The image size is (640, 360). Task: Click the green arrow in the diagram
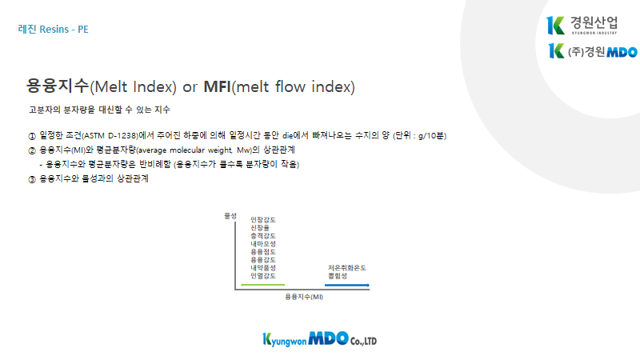coord(263,285)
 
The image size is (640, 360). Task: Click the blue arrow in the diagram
coord(347,285)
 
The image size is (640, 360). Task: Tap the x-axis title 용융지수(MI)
coord(304,297)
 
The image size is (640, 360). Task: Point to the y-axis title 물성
coord(230,216)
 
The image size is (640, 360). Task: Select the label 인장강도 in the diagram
coord(263,220)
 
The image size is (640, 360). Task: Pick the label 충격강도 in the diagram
coord(263,236)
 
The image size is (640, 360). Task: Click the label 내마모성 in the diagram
coord(263,244)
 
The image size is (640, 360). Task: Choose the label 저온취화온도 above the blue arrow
coord(347,268)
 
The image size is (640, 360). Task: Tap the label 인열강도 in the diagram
coord(263,276)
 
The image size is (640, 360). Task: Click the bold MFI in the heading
coord(217,86)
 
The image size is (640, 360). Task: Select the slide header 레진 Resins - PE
coord(53,30)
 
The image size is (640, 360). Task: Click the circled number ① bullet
coord(32,136)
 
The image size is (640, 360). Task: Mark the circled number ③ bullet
coord(32,179)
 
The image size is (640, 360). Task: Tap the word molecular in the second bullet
coord(187,150)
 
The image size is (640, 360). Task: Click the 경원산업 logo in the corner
coord(582,26)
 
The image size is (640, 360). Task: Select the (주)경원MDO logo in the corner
coord(593,51)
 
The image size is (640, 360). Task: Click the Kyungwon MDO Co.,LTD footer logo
coord(319,339)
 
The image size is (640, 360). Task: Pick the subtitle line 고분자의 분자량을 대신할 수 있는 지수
coord(99,110)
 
